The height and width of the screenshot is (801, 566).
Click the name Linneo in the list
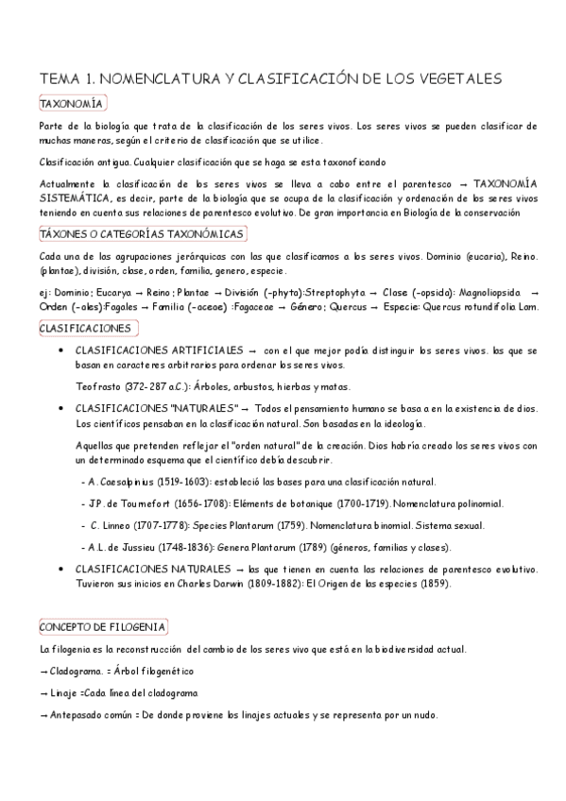118,525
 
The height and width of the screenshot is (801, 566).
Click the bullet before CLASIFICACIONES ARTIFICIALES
61,352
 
